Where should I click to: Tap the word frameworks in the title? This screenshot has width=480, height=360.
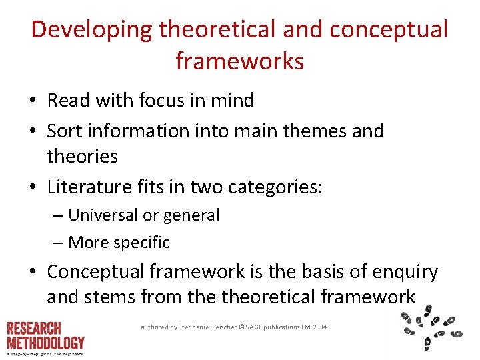[240, 62]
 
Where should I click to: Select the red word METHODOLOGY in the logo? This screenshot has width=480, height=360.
[46, 343]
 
